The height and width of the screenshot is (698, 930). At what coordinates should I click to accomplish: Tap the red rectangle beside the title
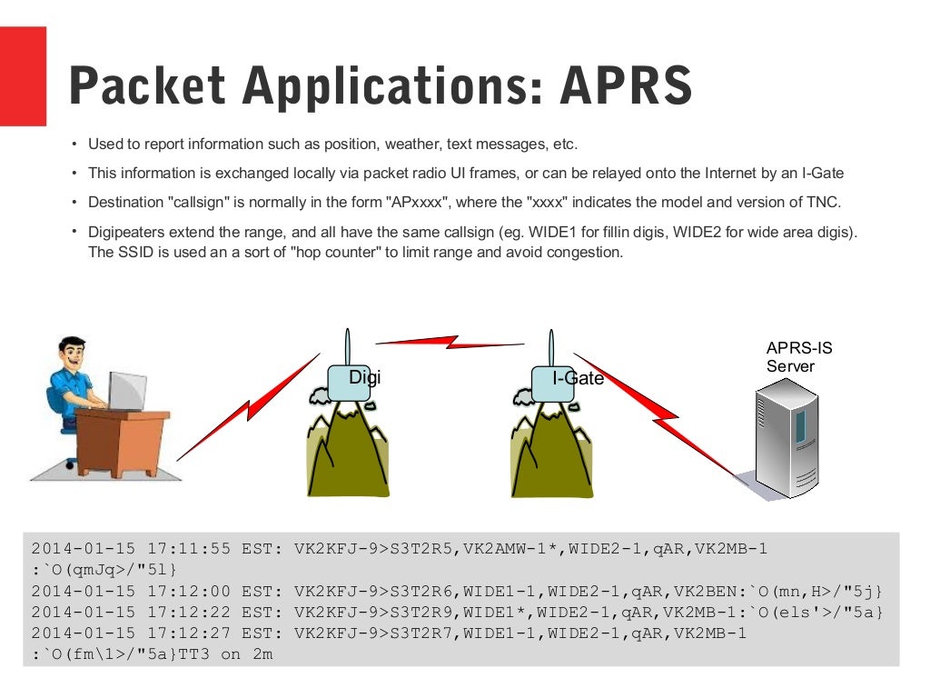(x=23, y=76)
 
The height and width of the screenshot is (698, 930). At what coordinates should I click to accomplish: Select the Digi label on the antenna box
(x=364, y=377)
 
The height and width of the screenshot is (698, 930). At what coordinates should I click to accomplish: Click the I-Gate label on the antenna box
(x=578, y=378)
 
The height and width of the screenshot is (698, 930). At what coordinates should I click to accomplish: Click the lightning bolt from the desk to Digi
(x=245, y=409)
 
